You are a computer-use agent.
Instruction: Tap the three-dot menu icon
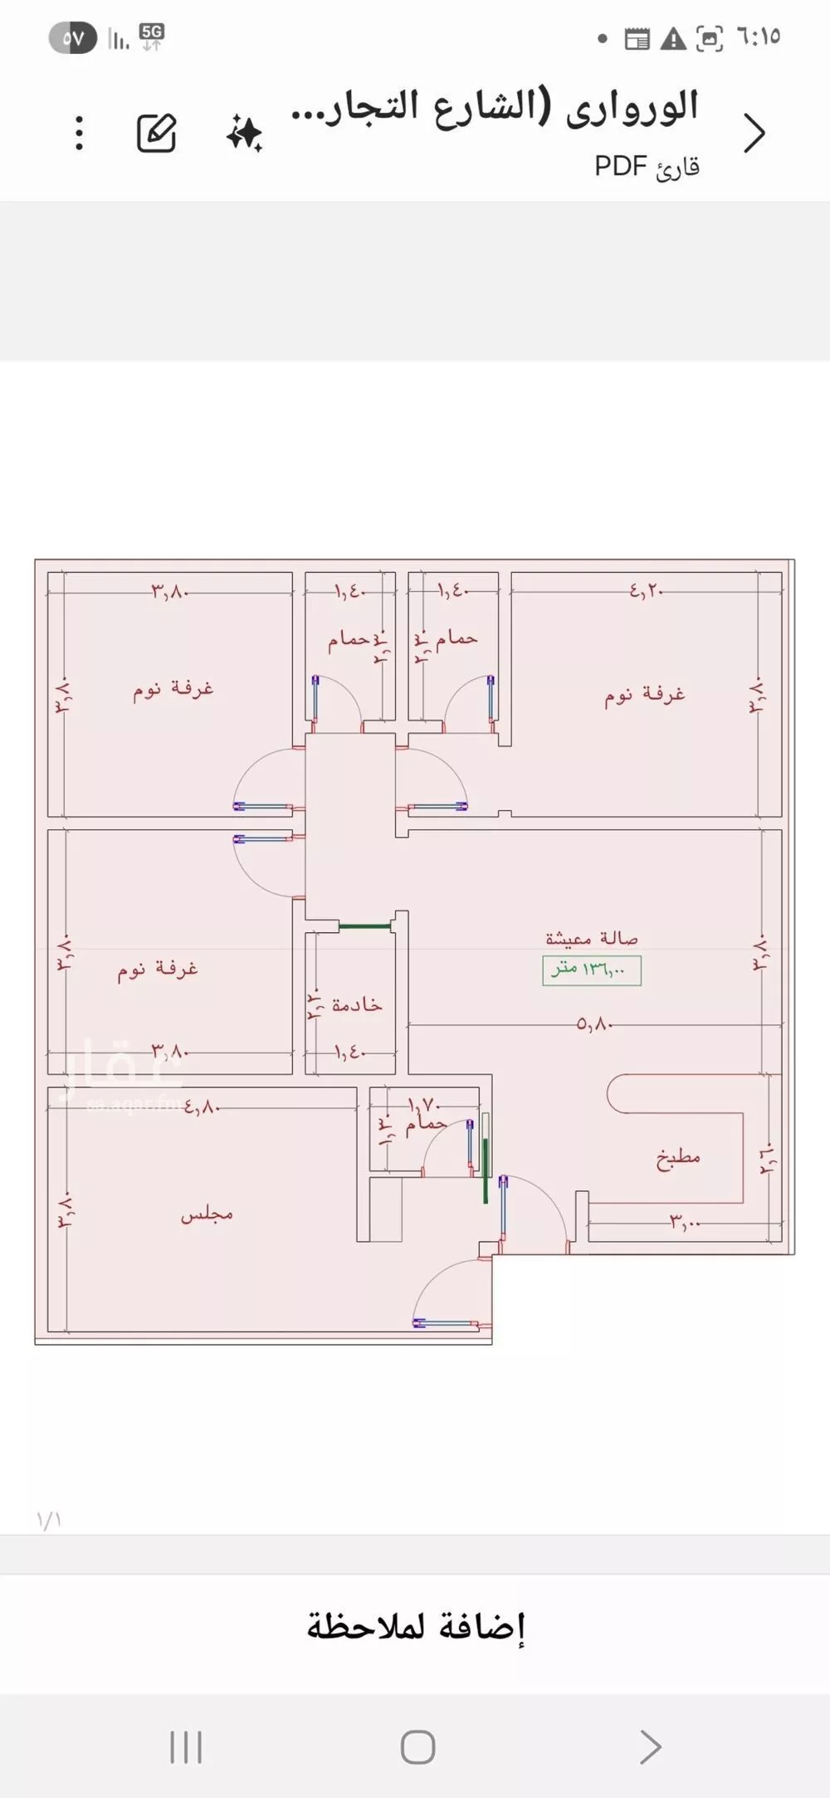[79, 133]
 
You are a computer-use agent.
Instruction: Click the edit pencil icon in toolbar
[157, 133]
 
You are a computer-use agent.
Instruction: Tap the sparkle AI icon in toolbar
[244, 134]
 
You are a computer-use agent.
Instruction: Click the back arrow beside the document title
[754, 133]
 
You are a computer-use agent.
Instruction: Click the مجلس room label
[207, 1215]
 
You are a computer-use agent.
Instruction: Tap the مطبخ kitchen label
[678, 1158]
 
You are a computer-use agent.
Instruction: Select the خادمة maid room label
[357, 1005]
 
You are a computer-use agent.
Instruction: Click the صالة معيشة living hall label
[592, 938]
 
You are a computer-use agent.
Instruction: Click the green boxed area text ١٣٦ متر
[592, 970]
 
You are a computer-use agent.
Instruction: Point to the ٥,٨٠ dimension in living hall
[595, 1024]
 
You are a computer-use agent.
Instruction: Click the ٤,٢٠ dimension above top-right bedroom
[647, 591]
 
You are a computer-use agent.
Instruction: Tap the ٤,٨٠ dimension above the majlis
[202, 1107]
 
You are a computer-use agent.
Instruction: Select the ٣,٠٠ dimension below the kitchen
[686, 1222]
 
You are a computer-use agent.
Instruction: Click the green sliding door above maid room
[365, 926]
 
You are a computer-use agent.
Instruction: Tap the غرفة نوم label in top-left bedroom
[173, 689]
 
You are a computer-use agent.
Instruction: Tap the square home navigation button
[417, 1747]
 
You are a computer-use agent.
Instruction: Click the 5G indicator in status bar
[152, 36]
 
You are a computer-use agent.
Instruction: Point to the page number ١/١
[49, 1520]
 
